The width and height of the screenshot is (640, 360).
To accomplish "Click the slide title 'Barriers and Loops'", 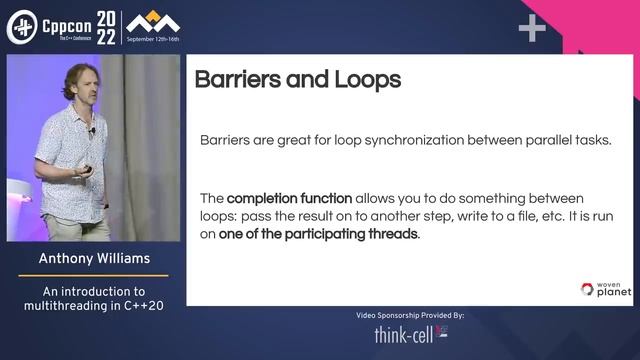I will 297,80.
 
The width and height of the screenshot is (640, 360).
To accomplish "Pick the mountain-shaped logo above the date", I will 153,21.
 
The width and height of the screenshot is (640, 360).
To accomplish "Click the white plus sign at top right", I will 532,29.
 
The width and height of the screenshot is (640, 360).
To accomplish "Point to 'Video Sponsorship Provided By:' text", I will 410,315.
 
